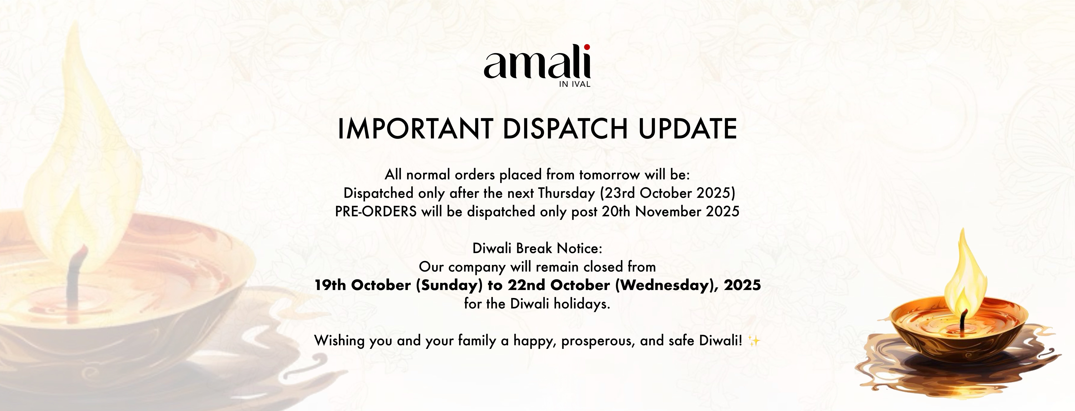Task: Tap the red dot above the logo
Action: tap(587, 47)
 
